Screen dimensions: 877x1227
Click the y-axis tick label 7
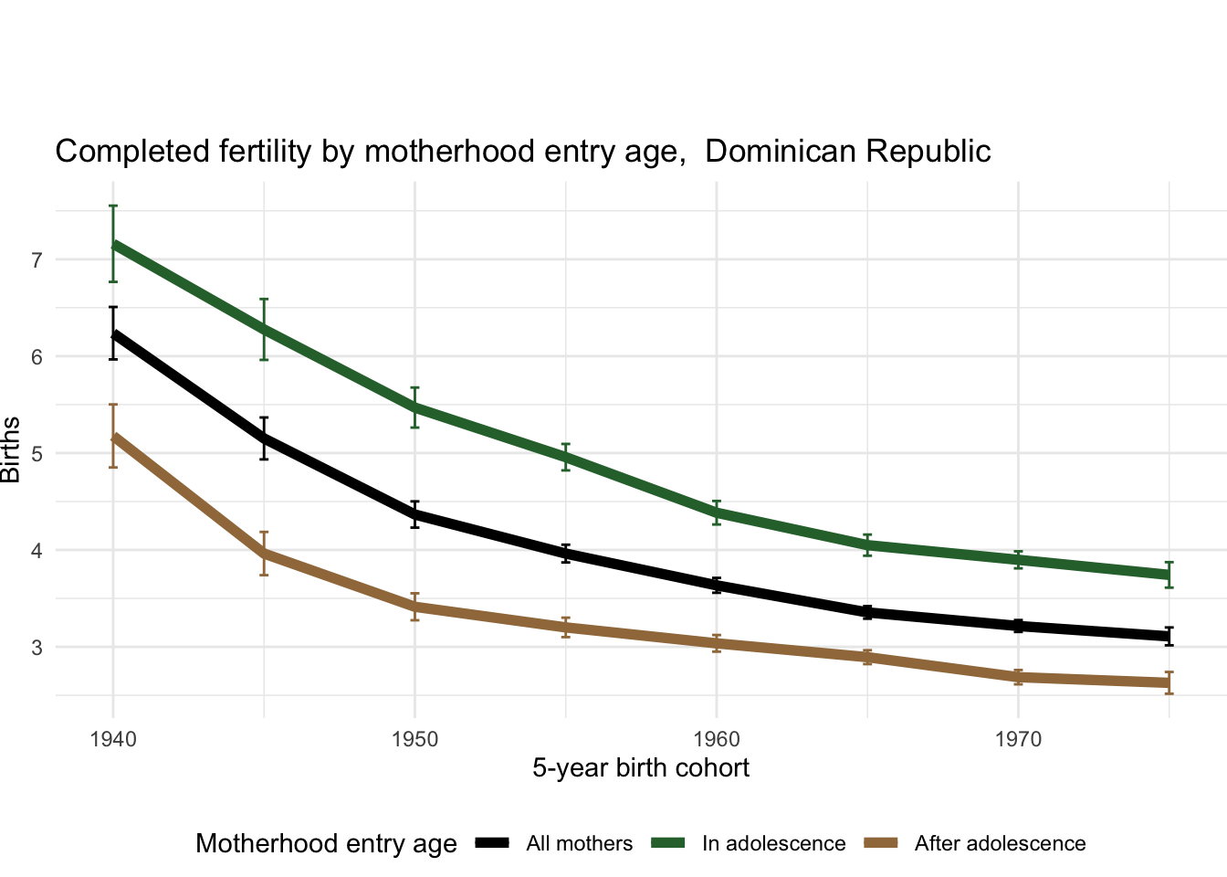37,260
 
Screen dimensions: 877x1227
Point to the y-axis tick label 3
37,648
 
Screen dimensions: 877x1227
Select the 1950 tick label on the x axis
414,739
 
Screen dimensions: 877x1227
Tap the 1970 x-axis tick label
1018,739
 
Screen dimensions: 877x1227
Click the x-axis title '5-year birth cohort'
641,768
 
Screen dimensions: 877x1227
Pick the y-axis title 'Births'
11,449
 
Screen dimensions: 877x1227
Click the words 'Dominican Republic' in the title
848,151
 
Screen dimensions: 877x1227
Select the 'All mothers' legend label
579,844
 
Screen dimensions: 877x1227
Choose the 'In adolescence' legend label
773,844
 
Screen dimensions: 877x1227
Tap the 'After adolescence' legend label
1000,844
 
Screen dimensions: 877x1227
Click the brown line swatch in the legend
882,843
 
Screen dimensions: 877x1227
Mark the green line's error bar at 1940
113,244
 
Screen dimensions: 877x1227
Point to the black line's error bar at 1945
264,438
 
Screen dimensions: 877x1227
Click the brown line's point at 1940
113,437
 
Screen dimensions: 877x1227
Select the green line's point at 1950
414,407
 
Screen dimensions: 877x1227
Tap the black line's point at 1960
717,586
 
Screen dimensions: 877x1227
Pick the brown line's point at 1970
1018,677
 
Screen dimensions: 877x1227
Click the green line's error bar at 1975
1169,575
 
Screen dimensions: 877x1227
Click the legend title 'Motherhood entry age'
326,844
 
